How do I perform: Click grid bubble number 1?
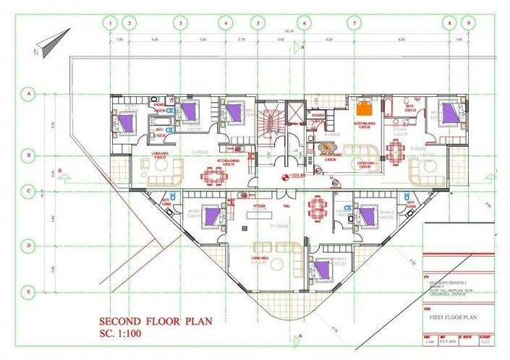[x=111, y=22]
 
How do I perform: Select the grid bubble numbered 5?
[x=255, y=22]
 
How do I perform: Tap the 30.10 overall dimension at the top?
[x=289, y=32]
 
